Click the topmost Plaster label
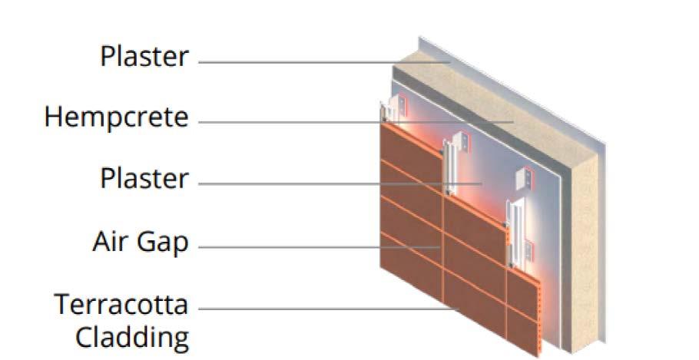tap(144, 57)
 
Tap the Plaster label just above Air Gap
tap(144, 179)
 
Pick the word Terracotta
tap(121, 304)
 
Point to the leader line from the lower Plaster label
tap(338, 184)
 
